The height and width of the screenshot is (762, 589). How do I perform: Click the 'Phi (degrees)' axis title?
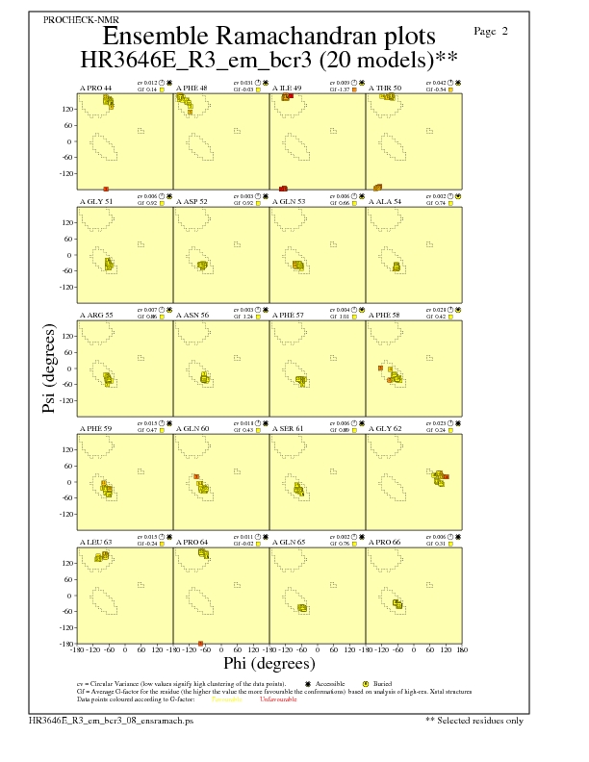(269, 663)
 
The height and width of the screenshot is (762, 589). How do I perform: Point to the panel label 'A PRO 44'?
(95, 88)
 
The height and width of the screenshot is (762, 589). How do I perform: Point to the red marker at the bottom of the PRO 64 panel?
(201, 643)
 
